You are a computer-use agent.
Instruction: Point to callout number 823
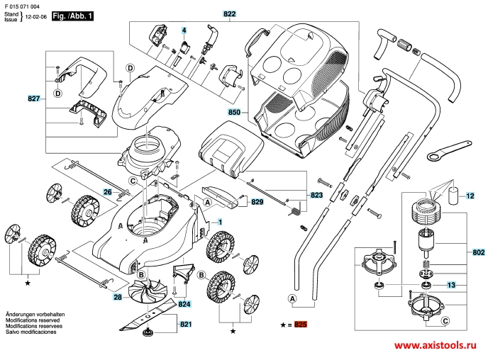tap(316, 194)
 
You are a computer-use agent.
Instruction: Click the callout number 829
tap(257, 202)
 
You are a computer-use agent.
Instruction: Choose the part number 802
tap(478, 252)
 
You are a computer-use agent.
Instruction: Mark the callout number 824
tap(185, 304)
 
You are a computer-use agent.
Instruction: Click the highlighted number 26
tap(108, 192)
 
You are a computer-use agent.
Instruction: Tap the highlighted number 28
tap(117, 298)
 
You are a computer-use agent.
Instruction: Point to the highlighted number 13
tap(451, 285)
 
